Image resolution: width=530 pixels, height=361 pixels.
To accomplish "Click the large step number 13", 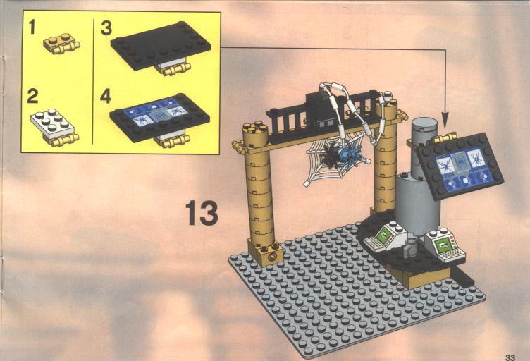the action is click(202, 213).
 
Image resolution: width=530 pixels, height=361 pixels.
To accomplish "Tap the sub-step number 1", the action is click(32, 27).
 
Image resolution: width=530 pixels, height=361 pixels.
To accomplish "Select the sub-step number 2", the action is click(33, 96).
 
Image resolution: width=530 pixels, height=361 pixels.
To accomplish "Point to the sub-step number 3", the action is click(106, 27).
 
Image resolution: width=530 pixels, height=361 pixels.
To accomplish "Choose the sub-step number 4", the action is click(106, 96).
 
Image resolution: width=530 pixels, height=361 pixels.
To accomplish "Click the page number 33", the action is click(510, 357).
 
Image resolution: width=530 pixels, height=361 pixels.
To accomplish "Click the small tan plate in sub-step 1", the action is click(61, 44).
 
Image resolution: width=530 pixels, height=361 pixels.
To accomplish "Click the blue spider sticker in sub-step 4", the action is click(156, 111).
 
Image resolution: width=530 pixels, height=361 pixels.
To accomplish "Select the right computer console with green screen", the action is click(445, 245).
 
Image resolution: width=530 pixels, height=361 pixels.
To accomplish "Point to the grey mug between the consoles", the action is click(411, 247).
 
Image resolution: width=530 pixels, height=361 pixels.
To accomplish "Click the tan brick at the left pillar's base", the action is click(266, 252).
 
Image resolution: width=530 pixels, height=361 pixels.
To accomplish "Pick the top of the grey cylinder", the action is click(424, 123).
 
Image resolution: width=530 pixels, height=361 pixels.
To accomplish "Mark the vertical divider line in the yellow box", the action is click(93, 82).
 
